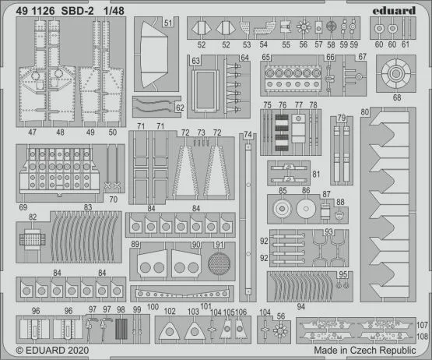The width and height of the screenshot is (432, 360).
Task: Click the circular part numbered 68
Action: (396, 76)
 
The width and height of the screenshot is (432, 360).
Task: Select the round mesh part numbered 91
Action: (221, 263)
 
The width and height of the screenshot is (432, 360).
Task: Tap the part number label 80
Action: (364, 112)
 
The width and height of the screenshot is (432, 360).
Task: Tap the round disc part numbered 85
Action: (283, 208)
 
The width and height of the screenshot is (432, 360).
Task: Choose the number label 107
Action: (423, 324)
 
